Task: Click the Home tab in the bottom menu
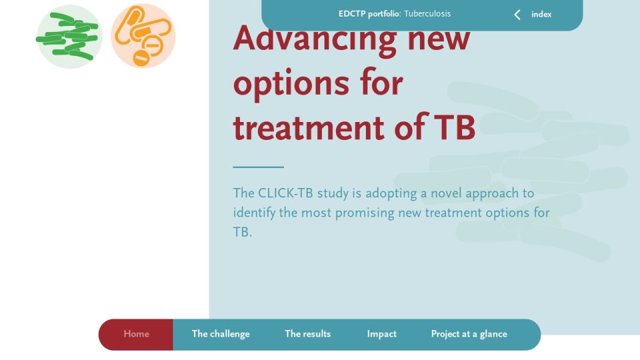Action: [136, 334]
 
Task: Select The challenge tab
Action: [221, 334]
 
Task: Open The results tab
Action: [308, 334]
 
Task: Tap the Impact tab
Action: [381, 334]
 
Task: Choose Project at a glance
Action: [469, 334]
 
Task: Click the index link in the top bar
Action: [541, 14]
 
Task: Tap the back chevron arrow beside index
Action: [517, 15]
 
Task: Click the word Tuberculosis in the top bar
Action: [427, 13]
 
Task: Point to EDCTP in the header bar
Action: [352, 13]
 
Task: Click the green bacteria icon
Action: [69, 36]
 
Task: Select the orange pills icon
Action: [143, 36]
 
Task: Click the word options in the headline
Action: [291, 85]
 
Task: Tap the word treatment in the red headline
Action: [309, 127]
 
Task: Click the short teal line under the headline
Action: [259, 167]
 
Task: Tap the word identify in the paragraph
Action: [254, 213]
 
